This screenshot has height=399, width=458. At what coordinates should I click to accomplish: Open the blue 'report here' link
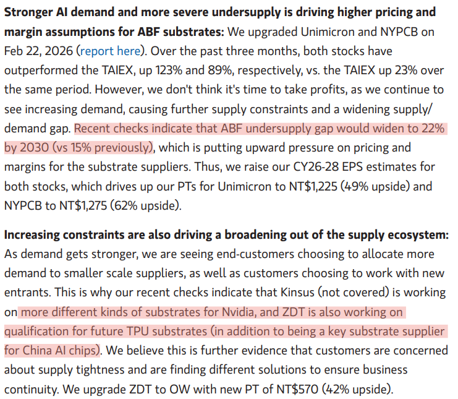tap(110, 51)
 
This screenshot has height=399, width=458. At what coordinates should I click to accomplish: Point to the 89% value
tap(219, 71)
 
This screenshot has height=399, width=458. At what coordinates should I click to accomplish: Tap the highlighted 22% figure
tap(433, 128)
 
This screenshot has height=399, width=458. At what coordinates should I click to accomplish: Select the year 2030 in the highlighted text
tap(34, 148)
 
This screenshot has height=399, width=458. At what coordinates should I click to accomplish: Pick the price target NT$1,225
tap(313, 186)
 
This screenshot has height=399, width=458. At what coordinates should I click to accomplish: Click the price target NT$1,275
tap(83, 206)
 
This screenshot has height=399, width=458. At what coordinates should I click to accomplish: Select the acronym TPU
tap(138, 332)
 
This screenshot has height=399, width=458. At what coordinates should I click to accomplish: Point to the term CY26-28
tap(316, 167)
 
